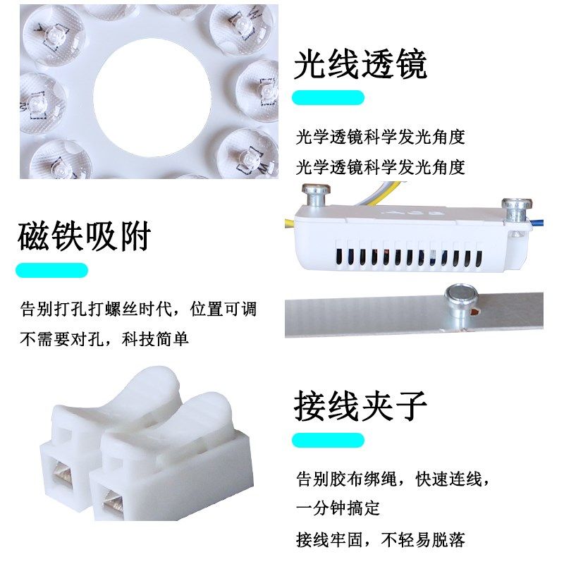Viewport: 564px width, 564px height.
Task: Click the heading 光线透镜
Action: [x=360, y=66]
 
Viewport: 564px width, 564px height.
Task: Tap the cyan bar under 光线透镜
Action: [x=328, y=97]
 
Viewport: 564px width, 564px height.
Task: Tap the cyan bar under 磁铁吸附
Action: [x=51, y=270]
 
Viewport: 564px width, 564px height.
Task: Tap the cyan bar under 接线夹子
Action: [x=328, y=440]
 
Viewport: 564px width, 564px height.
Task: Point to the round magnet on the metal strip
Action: [x=459, y=299]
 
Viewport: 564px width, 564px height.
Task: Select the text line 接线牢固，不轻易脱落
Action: [x=381, y=541]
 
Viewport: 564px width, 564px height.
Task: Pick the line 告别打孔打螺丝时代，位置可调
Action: [x=138, y=309]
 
